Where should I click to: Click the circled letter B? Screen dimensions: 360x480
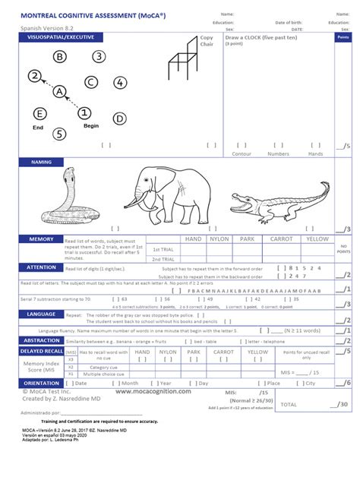click(x=60, y=55)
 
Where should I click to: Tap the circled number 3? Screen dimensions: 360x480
click(x=99, y=55)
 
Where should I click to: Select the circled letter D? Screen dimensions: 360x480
click(x=119, y=118)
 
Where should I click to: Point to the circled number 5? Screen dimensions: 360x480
click(x=60, y=134)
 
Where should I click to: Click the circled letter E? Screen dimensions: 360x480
click(x=39, y=114)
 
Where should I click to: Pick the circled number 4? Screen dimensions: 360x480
click(x=120, y=83)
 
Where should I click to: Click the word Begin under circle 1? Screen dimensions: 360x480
click(x=91, y=125)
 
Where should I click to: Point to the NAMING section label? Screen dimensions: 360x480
click(x=41, y=162)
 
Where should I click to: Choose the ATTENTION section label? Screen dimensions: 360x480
click(x=42, y=267)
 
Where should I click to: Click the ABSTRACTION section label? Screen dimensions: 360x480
click(x=42, y=340)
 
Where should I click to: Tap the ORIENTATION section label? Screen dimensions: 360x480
click(x=42, y=383)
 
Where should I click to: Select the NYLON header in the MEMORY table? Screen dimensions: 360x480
click(x=219, y=238)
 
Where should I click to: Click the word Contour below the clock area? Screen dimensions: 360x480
click(x=241, y=153)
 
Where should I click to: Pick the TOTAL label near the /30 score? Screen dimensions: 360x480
click(x=289, y=405)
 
